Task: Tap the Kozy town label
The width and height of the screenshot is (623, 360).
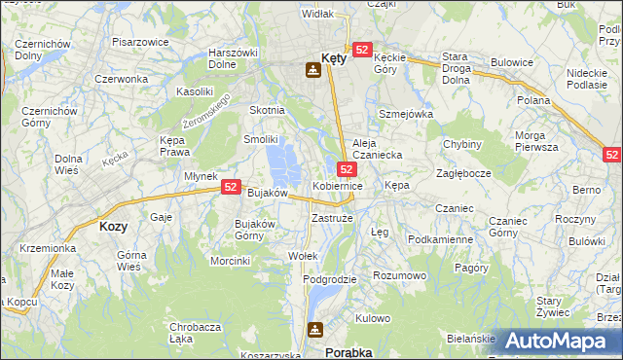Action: (113, 226)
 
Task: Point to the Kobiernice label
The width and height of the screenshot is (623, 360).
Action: (338, 185)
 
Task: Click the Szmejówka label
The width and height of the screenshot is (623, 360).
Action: (405, 114)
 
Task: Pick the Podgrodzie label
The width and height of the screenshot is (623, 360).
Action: (329, 279)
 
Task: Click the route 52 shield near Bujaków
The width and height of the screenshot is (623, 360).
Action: (232, 186)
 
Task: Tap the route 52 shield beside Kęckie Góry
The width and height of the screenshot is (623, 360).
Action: (362, 50)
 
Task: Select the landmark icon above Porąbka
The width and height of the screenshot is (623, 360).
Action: (314, 330)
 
